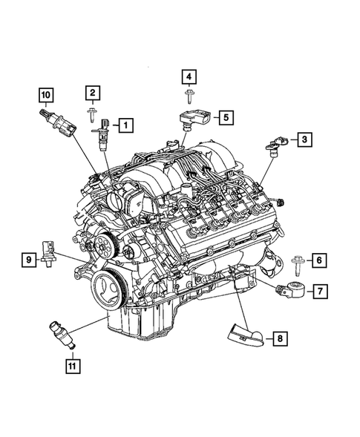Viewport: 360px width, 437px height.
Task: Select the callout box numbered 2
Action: [x=92, y=93]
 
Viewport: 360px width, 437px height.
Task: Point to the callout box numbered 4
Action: [x=189, y=76]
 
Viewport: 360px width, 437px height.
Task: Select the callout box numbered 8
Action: [x=279, y=339]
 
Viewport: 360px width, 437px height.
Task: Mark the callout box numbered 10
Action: [x=46, y=94]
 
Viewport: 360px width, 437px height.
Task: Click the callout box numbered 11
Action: [x=72, y=364]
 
